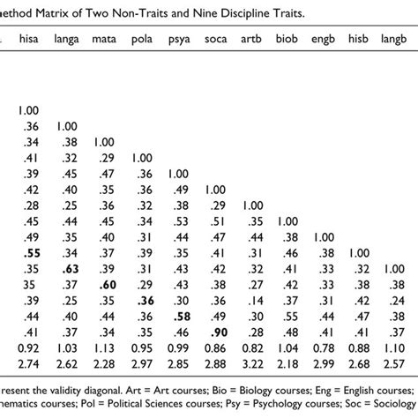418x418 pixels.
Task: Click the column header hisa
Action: point(26,40)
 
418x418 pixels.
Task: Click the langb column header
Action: point(397,40)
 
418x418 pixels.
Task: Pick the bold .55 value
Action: point(26,251)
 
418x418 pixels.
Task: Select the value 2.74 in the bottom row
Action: point(26,363)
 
